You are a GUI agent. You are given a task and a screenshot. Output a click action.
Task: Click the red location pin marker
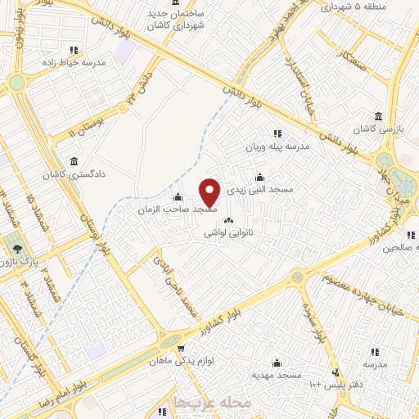[210, 193]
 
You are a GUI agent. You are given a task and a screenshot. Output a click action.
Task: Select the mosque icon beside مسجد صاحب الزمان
[178, 197]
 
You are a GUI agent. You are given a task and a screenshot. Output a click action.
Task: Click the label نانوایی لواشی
[228, 233]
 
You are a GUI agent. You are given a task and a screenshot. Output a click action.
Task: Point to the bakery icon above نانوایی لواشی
[228, 220]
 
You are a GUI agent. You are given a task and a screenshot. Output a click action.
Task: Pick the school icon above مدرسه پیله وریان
[277, 133]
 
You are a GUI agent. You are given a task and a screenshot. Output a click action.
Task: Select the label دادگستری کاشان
[76, 174]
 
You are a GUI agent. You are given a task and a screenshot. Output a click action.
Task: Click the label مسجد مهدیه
[277, 374]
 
